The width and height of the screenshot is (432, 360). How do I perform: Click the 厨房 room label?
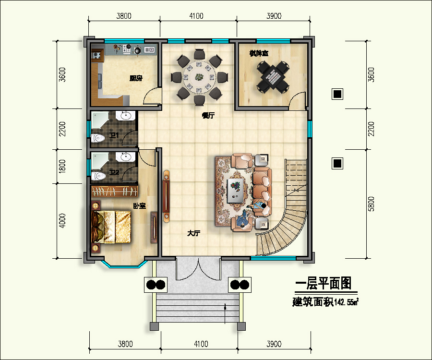coord(136,78)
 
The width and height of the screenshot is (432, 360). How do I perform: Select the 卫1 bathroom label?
coord(114,136)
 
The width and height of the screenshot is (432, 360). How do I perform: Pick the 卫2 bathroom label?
coord(114,173)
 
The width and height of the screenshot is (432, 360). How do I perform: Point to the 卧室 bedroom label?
coord(140,206)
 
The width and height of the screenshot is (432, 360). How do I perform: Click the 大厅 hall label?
coord(193,233)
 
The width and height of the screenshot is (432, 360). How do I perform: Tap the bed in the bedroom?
coord(112,227)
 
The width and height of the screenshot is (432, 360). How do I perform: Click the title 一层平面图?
coord(324,284)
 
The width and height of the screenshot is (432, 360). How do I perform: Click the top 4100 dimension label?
coord(196,16)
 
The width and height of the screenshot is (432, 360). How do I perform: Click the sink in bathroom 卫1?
coord(126,116)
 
